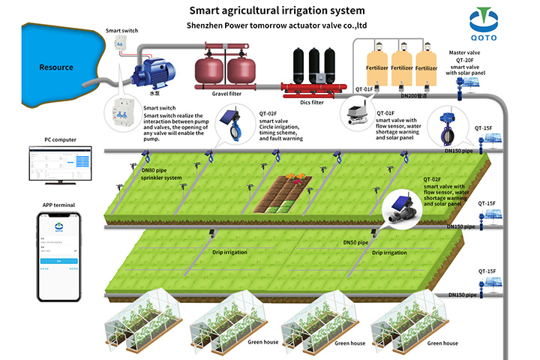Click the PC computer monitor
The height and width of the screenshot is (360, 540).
(57, 165)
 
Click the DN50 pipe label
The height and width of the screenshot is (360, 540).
(355, 243)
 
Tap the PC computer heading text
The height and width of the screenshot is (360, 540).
(57, 139)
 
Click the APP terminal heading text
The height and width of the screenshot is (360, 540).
(58, 204)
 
